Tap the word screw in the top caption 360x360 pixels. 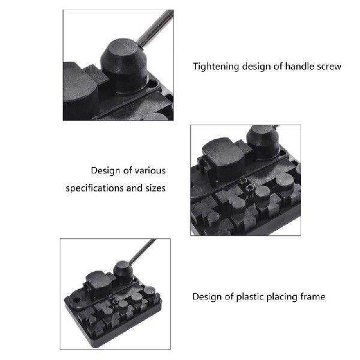(x=329, y=66)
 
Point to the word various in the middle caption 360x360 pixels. (x=148, y=171)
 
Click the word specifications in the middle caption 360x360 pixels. (x=95, y=188)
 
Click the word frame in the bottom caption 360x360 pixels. (x=313, y=296)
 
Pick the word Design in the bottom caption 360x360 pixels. (x=205, y=296)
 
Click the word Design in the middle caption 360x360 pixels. (x=104, y=171)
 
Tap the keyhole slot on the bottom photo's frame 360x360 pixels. (x=77, y=298)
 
